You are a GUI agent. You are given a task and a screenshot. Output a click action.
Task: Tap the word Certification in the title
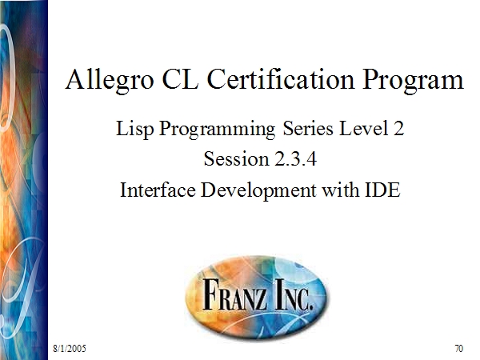(x=281, y=79)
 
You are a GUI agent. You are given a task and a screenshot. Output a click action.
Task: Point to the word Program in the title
(x=414, y=81)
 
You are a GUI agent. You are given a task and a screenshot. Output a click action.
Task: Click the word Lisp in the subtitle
(x=134, y=129)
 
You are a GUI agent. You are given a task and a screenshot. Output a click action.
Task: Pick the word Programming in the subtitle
(x=218, y=129)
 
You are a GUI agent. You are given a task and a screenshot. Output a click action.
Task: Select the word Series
(x=308, y=128)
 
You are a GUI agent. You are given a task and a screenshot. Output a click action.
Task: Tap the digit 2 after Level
(x=398, y=128)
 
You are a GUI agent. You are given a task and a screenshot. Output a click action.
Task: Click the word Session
(x=236, y=159)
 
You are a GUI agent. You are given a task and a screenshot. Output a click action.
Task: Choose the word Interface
(x=158, y=190)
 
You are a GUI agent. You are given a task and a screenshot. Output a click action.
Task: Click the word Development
(x=258, y=191)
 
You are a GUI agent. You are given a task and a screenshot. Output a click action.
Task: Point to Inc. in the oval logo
(x=294, y=294)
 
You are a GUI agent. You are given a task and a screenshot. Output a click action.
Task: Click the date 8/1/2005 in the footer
(x=70, y=348)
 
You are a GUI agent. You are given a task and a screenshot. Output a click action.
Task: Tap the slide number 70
(x=459, y=348)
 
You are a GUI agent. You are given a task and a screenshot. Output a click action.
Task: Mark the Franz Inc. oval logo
(x=256, y=296)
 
